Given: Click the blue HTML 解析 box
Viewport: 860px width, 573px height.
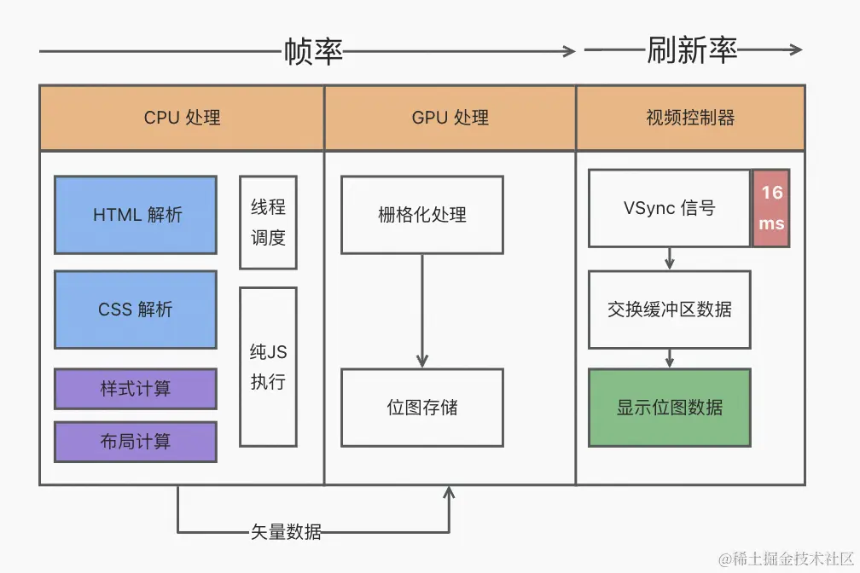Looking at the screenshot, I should click(x=136, y=215).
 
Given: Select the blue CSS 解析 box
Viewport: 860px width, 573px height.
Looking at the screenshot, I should click(x=136, y=310).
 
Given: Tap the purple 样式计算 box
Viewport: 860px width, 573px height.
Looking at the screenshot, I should click(x=136, y=389).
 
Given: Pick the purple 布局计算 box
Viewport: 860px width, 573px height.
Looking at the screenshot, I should click(x=136, y=442).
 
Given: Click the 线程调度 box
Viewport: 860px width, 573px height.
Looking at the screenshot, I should click(x=268, y=223).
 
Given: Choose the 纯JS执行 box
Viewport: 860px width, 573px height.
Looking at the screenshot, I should click(x=268, y=367).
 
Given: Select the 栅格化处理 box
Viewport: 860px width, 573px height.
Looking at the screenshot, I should click(x=422, y=215).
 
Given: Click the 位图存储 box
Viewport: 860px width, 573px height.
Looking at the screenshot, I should click(x=422, y=408).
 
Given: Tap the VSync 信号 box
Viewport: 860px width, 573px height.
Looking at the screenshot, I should click(x=670, y=208).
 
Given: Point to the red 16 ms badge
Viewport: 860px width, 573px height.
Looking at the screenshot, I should click(x=771, y=208).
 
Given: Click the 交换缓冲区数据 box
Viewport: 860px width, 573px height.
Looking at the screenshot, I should click(x=670, y=310).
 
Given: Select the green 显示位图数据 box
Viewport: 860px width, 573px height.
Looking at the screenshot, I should click(x=670, y=408).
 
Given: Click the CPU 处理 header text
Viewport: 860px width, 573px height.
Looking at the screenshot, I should click(x=182, y=118).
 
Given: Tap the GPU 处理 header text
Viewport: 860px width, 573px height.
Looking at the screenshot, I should click(x=450, y=118).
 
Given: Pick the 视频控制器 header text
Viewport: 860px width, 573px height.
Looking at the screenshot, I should click(x=690, y=118).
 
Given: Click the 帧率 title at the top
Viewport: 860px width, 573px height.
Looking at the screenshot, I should click(x=313, y=51).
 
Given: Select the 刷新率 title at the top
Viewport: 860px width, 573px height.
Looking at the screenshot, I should click(x=691, y=50).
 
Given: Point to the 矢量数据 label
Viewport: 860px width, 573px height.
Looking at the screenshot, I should click(x=286, y=532).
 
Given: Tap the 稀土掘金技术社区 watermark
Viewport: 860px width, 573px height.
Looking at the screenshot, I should click(x=784, y=559).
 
